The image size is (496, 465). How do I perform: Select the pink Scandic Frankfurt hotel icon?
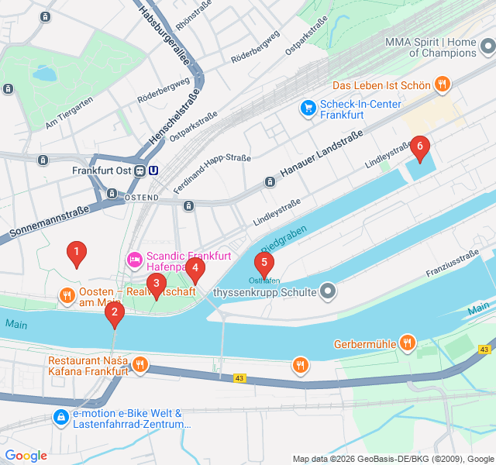pos(133,257)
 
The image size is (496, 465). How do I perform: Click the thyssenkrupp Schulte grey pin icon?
pos(329,292)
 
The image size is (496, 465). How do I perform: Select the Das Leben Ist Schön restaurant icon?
pos(442,84)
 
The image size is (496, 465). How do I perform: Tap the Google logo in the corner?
pos(26,456)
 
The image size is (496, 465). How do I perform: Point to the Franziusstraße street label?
pos(452,264)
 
